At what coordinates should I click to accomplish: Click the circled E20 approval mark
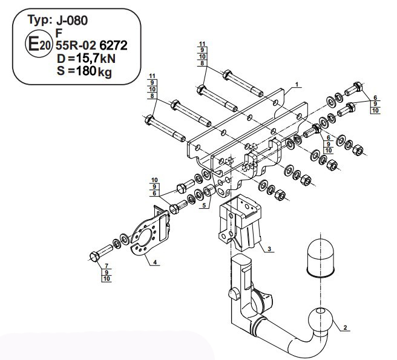[x=39, y=44]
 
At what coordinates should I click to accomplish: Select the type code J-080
[x=72, y=20]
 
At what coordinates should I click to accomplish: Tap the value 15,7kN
[x=96, y=59]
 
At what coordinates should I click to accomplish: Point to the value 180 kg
[x=94, y=71]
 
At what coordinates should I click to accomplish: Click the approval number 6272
[x=113, y=45]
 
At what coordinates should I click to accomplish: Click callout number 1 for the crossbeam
[x=297, y=84]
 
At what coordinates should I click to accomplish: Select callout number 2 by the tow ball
[x=345, y=327]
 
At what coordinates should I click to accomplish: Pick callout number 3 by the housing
[x=269, y=249]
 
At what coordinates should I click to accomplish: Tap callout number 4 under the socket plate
[x=155, y=262]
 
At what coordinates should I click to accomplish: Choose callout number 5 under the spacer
[x=204, y=205]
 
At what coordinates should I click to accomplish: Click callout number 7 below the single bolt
[x=107, y=266]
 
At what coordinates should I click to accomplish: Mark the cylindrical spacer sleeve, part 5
[x=209, y=191]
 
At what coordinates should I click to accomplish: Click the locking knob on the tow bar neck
[x=234, y=294]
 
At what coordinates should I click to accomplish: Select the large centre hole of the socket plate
[x=146, y=237]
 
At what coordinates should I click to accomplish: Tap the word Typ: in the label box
[x=40, y=20]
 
